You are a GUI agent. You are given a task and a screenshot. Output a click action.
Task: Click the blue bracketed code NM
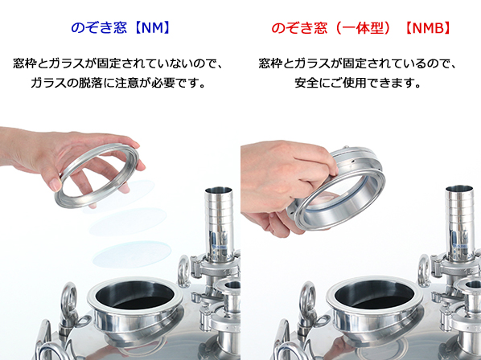point(152,28)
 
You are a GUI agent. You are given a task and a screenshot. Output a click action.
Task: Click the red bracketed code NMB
point(428,28)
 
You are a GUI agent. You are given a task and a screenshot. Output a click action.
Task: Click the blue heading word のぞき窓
point(99,28)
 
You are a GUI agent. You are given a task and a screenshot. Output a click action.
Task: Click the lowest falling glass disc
point(132,255)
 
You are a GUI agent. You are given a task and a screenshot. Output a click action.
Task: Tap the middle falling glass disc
point(128,222)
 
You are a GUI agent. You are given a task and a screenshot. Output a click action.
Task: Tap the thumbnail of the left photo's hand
point(55,185)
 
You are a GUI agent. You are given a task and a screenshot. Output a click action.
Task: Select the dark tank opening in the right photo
point(374,295)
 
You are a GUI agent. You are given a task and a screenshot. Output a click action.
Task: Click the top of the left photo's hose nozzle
point(219,190)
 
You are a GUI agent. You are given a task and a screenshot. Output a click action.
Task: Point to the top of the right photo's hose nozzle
point(459,189)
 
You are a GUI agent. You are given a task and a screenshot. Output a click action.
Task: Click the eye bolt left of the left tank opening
point(69,298)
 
